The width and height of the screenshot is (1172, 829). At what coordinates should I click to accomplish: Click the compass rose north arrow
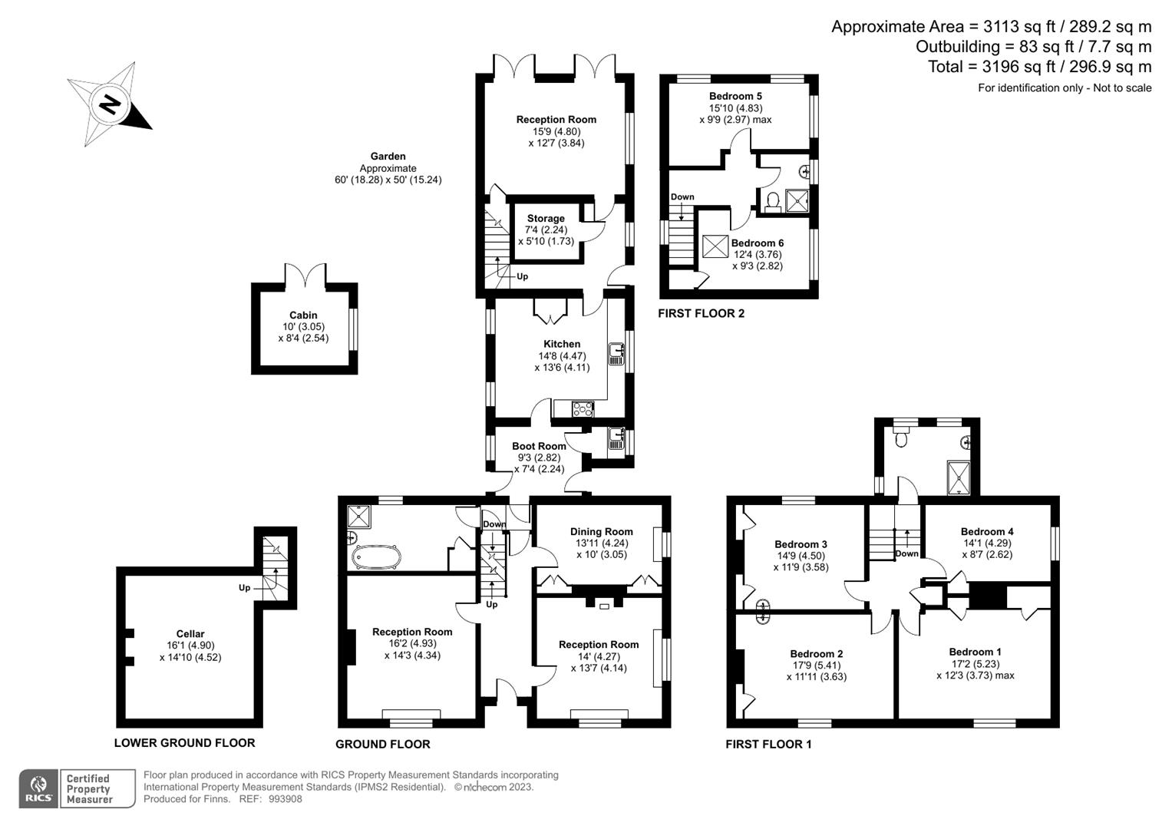tap(110, 104)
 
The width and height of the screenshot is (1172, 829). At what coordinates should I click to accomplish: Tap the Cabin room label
tap(303, 315)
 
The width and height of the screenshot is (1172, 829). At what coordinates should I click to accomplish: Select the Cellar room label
tap(190, 633)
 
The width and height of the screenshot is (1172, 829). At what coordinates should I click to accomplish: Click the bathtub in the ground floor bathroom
tap(375, 557)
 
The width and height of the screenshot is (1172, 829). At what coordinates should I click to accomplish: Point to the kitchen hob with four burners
tap(583, 409)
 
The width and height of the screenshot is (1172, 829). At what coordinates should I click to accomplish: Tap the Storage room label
tap(545, 218)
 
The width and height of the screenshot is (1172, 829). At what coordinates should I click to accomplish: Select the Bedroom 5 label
tap(735, 96)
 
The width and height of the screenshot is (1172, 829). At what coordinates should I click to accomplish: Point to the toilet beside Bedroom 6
tap(771, 201)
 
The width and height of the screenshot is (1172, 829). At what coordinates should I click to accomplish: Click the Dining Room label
tap(601, 531)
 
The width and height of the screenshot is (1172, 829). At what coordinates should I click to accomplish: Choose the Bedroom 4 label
tap(986, 531)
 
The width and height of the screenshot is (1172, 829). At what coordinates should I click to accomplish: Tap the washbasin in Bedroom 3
tap(762, 611)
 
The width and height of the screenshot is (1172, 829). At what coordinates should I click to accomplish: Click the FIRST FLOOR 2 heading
tap(701, 313)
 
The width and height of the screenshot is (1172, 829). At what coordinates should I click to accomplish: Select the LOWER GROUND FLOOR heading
tap(184, 742)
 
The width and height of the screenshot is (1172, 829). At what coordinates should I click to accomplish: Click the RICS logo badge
tap(39, 789)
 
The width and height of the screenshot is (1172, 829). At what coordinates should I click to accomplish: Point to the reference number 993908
tap(285, 799)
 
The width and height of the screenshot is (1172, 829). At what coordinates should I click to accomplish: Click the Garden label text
tap(388, 156)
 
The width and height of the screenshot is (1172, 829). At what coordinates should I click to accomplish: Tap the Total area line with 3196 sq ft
tap(1039, 67)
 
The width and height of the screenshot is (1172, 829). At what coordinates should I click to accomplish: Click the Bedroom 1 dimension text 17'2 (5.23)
tap(975, 664)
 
